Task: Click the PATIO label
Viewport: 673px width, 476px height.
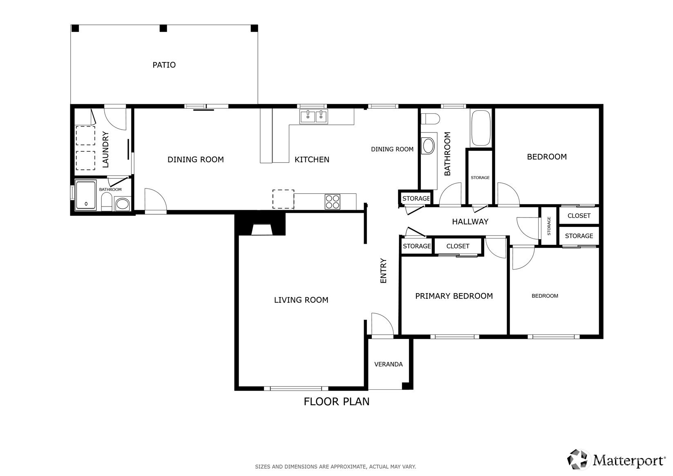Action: pyautogui.click(x=164, y=65)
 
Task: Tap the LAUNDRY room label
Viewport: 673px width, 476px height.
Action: pyautogui.click(x=105, y=149)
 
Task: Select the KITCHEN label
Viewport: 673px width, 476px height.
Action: pyautogui.click(x=312, y=159)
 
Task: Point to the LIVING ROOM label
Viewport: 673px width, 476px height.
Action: pyautogui.click(x=301, y=300)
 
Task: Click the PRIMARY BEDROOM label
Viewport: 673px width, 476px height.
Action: pyautogui.click(x=454, y=296)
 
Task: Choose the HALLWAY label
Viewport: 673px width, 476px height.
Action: pyautogui.click(x=470, y=222)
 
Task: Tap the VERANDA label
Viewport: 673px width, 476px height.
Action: pyautogui.click(x=389, y=364)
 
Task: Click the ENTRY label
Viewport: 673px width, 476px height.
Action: pyautogui.click(x=383, y=271)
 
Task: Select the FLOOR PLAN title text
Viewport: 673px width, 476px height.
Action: pyautogui.click(x=337, y=402)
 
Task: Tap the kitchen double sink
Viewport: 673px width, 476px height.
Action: pyautogui.click(x=314, y=117)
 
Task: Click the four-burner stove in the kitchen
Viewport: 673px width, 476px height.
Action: pyautogui.click(x=333, y=202)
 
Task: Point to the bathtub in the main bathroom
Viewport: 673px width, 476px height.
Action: pyautogui.click(x=481, y=128)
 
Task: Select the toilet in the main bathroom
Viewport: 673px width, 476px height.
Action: pyautogui.click(x=430, y=119)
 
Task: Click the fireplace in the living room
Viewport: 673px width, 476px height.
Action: pyautogui.click(x=260, y=224)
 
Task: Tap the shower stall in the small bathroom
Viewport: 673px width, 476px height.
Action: pyautogui.click(x=86, y=195)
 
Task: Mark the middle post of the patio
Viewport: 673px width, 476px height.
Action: pyautogui.click(x=163, y=29)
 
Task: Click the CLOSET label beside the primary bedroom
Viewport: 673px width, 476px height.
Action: pyautogui.click(x=458, y=246)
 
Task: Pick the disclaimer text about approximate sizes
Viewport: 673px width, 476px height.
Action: pyautogui.click(x=335, y=467)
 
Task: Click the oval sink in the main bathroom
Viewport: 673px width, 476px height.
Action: pyautogui.click(x=429, y=146)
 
